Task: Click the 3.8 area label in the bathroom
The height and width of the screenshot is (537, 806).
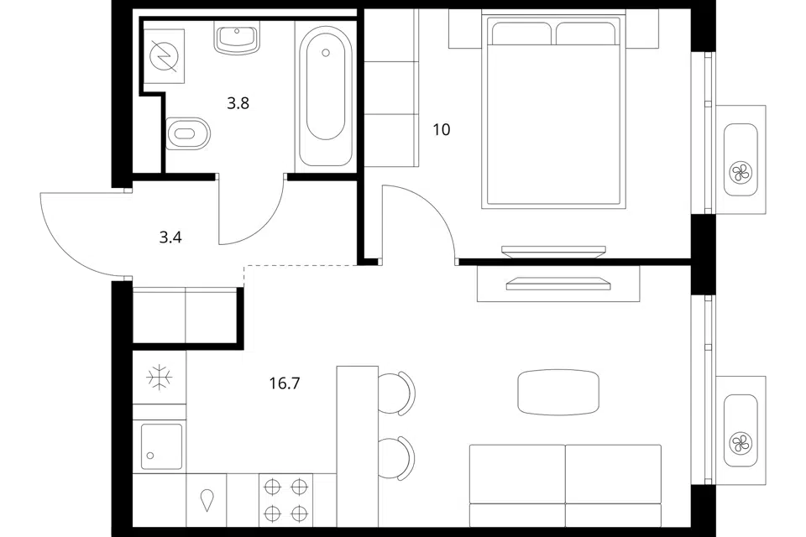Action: [x=238, y=103]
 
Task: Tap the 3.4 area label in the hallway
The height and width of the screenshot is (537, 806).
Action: [x=170, y=237]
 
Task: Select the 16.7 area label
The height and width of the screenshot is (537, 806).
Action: [x=285, y=383]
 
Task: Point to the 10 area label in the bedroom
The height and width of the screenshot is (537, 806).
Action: [x=442, y=129]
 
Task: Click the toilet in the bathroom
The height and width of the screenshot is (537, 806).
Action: [x=189, y=133]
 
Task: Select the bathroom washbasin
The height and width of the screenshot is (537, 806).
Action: [x=237, y=38]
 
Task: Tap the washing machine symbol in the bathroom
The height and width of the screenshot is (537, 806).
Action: [x=165, y=56]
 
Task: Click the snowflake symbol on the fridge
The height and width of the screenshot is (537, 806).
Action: [x=160, y=378]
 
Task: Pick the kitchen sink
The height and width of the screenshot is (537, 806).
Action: [x=161, y=446]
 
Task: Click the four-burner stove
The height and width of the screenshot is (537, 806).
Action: [x=285, y=499]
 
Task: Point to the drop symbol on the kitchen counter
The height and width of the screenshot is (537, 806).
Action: [x=207, y=500]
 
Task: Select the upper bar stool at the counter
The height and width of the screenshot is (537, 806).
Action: [x=396, y=393]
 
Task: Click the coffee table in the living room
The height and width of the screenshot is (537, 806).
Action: [x=558, y=392]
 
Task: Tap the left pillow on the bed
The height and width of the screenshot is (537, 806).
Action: [x=521, y=34]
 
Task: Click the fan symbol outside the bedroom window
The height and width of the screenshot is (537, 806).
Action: [x=741, y=172]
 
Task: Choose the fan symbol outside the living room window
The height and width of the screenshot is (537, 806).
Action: [x=741, y=442]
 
